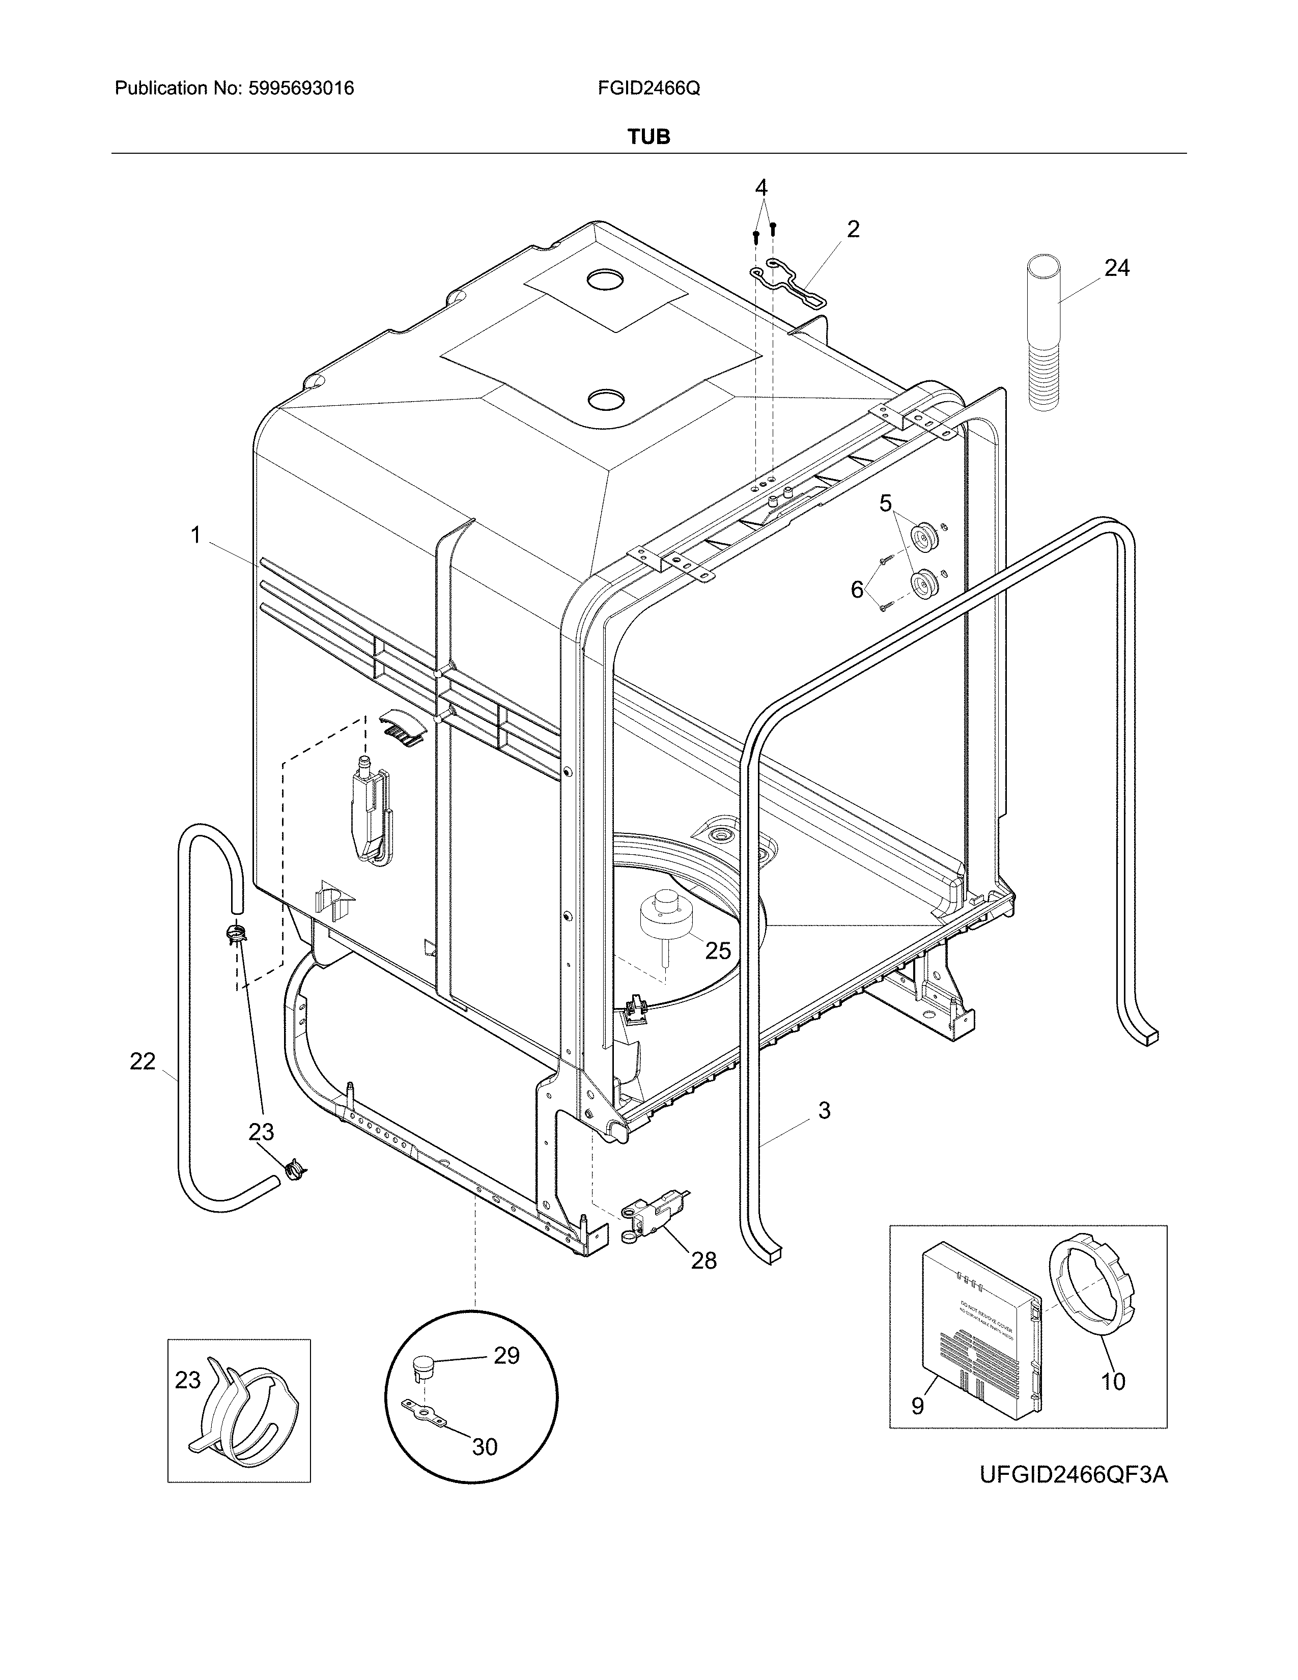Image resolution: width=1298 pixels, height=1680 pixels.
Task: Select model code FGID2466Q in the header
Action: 648,89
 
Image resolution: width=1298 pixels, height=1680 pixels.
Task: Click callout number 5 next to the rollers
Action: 886,504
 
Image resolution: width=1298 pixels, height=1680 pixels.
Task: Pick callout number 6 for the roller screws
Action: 857,589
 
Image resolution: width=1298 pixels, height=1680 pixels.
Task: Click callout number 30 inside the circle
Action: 485,1446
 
